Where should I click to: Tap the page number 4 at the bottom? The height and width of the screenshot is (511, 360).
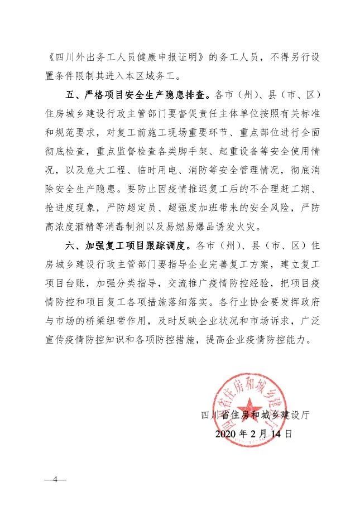56,480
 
